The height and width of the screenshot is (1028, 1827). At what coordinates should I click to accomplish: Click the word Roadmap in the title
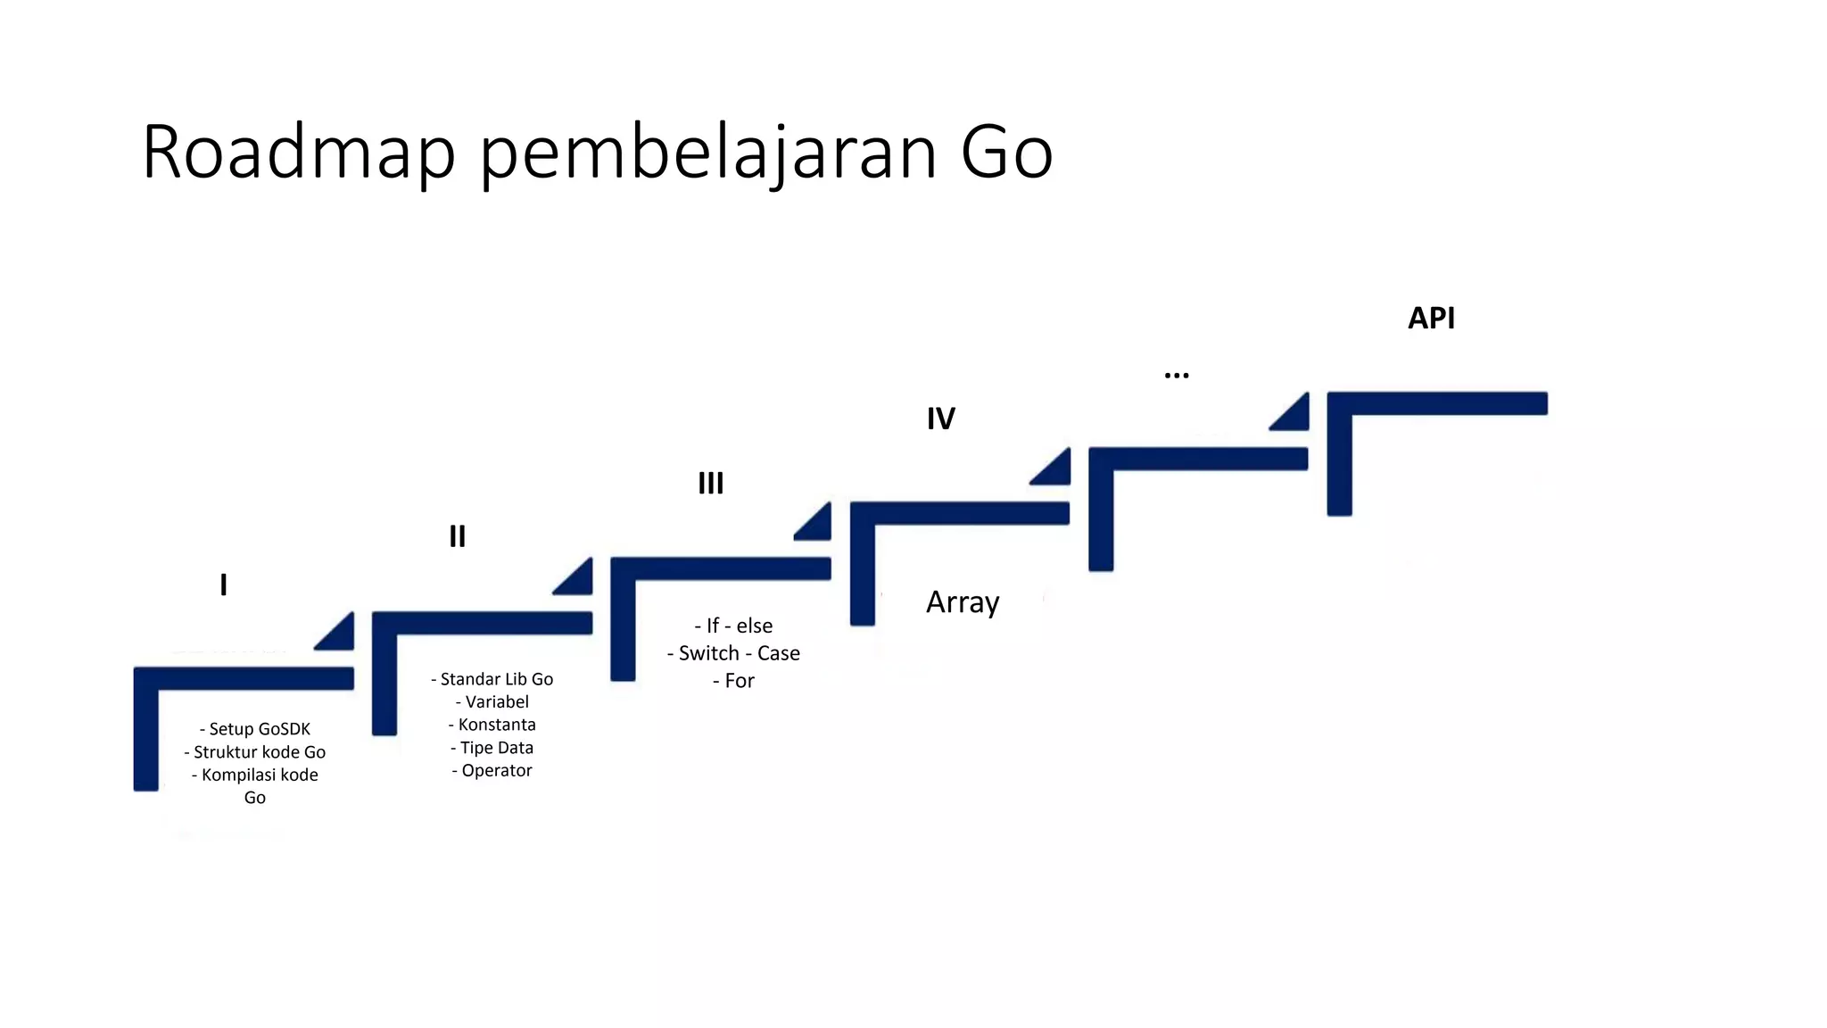pos(298,152)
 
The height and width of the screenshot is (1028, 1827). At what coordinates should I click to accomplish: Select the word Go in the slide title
pos(1006,152)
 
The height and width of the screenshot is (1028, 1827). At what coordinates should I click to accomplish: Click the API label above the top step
pos(1431,318)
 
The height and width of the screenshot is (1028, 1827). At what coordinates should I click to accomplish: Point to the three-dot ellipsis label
pos(1177,376)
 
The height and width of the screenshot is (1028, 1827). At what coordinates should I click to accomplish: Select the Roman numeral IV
pos(941,419)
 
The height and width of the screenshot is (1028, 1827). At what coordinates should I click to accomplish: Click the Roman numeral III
pos(711,484)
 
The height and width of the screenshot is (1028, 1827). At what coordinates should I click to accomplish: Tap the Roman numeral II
pos(458,536)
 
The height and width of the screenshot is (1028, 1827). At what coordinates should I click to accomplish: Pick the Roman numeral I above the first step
pos(224,585)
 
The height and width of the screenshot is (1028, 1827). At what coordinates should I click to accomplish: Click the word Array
pos(963,603)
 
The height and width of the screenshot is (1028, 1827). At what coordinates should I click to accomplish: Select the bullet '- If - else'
pos(733,626)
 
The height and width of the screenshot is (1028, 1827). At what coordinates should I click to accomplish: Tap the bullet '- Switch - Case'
pos(733,653)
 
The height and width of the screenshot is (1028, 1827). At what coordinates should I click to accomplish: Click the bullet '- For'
pos(733,681)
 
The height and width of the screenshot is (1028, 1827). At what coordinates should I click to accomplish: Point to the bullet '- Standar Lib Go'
pos(492,679)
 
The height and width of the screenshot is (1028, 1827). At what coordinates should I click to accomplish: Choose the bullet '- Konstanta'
pos(492,725)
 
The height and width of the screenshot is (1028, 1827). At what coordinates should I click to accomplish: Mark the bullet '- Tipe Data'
pos(492,748)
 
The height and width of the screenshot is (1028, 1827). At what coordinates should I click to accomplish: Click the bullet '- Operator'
pos(492,770)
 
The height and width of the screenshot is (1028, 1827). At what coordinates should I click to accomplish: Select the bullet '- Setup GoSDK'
pos(255,729)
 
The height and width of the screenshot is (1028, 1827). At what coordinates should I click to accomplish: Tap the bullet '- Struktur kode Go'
pos(255,752)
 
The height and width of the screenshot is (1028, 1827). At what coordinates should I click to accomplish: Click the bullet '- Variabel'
pos(492,702)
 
